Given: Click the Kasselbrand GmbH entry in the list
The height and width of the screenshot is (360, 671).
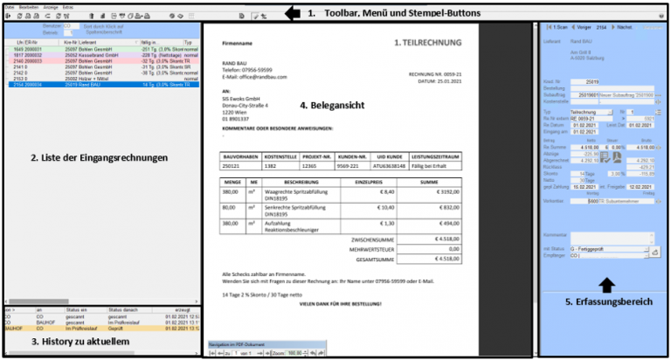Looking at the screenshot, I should (87, 53).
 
